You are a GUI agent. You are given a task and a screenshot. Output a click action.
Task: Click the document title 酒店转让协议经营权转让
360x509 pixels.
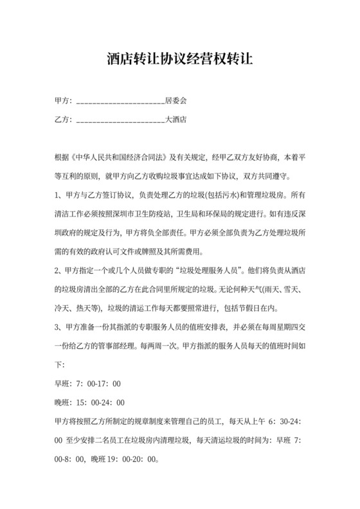coord(180,60)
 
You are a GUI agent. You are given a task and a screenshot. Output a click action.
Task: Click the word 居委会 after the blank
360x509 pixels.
coord(175,101)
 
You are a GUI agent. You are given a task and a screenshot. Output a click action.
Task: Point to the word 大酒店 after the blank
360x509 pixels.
coord(175,119)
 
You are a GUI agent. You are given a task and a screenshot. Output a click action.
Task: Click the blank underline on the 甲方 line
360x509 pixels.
coord(120,102)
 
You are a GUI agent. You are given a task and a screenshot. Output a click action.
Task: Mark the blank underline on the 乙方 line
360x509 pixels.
coord(120,120)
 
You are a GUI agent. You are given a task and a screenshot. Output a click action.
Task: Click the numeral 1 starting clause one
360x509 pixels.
coord(57,195)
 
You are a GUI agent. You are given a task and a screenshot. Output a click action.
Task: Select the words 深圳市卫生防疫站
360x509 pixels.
coord(159,213)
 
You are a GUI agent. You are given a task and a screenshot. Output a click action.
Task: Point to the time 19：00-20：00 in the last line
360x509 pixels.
coord(130,460)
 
